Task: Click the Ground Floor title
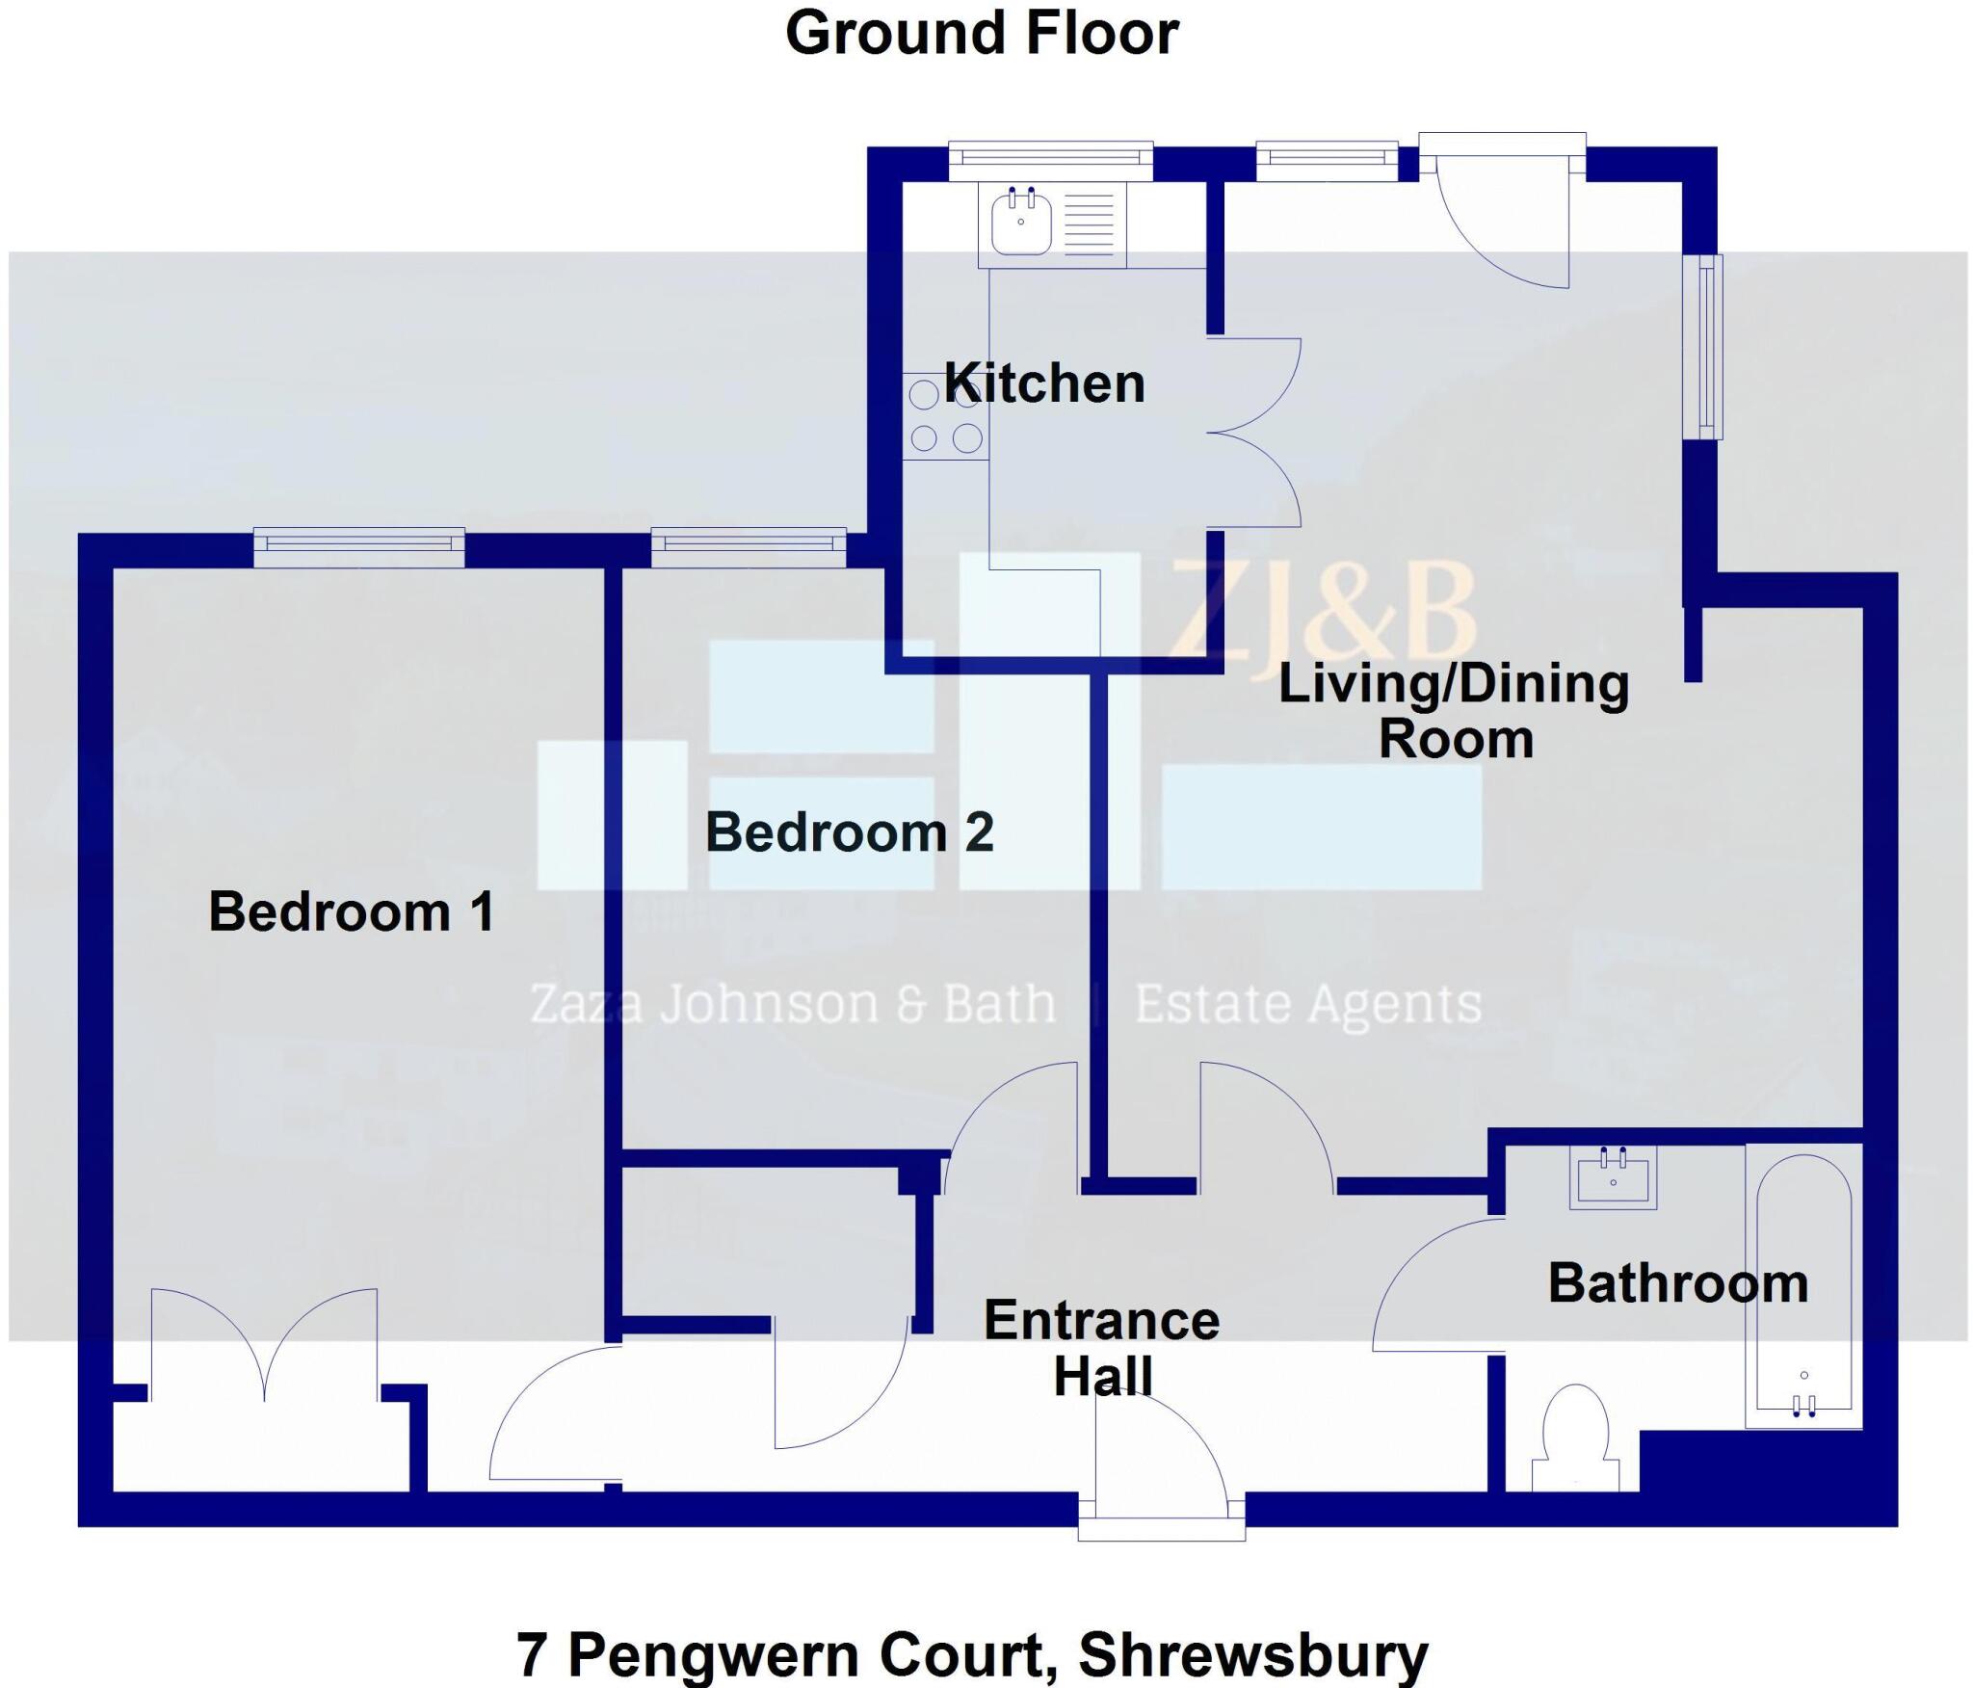point(982,33)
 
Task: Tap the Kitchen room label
point(1044,383)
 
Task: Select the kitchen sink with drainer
point(1052,225)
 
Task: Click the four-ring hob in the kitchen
point(945,417)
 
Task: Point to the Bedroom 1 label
point(352,911)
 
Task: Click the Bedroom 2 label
point(849,832)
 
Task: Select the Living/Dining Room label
point(1454,711)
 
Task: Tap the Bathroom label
point(1677,1283)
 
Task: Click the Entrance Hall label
point(1102,1347)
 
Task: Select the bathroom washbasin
point(1612,1177)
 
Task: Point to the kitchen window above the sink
point(1050,159)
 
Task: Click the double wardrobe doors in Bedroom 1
point(264,1345)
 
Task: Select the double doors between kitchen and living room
point(1252,434)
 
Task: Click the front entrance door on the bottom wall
point(1161,1464)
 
